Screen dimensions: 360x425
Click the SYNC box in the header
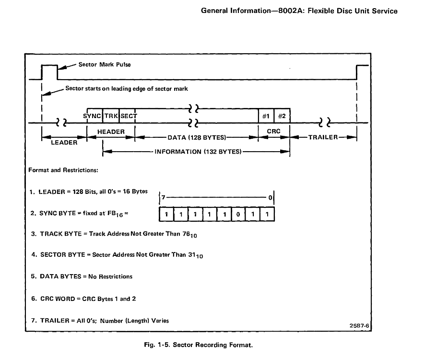[92, 116]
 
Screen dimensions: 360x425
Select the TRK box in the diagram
[110, 116]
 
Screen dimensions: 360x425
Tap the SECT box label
[128, 116]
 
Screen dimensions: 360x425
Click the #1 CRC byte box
[265, 116]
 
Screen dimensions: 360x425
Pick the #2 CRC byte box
[282, 116]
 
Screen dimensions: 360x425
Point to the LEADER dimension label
[64, 143]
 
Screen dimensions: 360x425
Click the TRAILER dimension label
[323, 137]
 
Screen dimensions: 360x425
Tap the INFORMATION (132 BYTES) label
[197, 152]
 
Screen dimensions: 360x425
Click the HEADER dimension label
[111, 132]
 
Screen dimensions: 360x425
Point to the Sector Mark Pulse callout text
[104, 64]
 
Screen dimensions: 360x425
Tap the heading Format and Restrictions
[63, 169]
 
